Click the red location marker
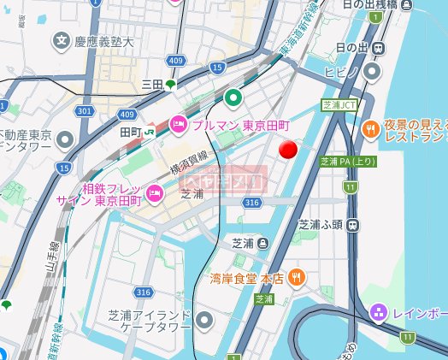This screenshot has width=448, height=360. [289, 150]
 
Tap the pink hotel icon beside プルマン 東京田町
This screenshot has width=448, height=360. [179, 123]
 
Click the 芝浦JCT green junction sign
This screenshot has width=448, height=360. [339, 105]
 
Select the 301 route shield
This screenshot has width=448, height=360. [84, 111]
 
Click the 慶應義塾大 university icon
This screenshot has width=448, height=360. [62, 39]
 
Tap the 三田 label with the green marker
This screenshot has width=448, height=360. [158, 84]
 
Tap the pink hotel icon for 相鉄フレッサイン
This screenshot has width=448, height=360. [155, 192]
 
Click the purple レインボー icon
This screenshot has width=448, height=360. [379, 314]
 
